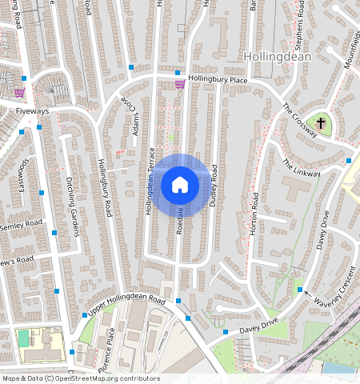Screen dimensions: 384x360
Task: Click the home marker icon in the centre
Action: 180,186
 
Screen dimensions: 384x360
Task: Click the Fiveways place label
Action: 32,111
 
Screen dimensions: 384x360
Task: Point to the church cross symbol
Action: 320,123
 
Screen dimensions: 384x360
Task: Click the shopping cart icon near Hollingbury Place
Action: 180,83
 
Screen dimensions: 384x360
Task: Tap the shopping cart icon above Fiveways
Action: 18,92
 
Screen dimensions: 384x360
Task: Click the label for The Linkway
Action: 301,167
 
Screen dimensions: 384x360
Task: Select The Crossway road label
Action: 300,121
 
